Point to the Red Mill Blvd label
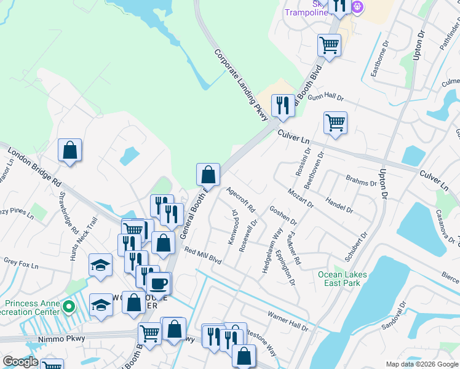202,256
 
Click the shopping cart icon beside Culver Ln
335,122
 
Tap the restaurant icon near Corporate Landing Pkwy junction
282,106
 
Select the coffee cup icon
159,284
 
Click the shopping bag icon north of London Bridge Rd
70,150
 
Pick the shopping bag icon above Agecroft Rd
208,175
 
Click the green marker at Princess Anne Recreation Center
69,306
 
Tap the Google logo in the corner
20,362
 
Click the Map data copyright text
422,364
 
